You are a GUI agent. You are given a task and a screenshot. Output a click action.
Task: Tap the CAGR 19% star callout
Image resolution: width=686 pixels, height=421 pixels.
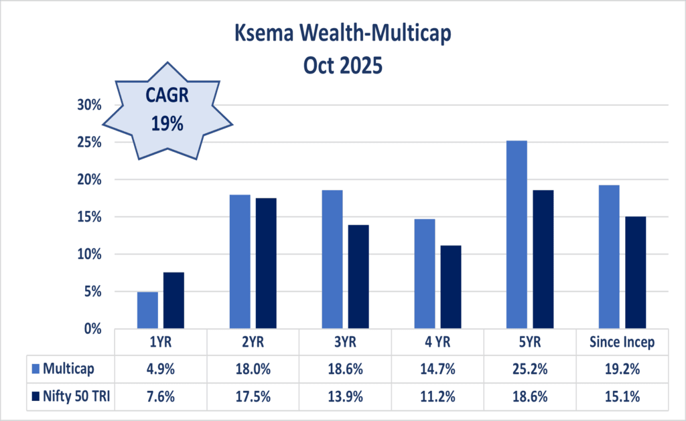[167, 110]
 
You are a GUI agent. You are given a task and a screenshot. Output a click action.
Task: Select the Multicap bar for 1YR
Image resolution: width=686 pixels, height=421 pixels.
[147, 310]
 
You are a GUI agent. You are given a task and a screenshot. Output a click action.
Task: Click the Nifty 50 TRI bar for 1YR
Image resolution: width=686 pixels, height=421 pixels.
[174, 301]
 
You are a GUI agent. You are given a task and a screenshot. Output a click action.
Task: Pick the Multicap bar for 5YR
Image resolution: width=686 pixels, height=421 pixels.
[517, 234]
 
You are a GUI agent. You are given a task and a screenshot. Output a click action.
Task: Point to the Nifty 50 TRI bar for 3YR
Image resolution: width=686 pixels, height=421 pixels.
[358, 276]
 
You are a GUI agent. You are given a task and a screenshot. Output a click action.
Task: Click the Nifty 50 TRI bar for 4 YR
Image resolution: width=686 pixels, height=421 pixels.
[451, 286]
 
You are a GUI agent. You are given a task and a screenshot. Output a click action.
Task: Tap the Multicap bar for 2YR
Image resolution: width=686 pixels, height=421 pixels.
[240, 262]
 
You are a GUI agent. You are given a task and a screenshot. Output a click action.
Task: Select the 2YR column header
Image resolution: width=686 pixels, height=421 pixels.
[253, 342]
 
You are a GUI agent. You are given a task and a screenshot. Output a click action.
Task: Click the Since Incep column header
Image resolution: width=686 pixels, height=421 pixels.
[621, 342]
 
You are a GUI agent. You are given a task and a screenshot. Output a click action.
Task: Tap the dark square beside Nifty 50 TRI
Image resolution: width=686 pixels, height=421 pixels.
[36, 396]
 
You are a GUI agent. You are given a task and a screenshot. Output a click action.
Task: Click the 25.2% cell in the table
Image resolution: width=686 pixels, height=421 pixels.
[529, 367]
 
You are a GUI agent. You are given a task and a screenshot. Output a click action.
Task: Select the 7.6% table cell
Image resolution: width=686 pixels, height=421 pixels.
[161, 396]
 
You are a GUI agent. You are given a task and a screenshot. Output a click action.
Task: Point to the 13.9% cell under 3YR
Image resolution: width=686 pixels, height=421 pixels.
[345, 396]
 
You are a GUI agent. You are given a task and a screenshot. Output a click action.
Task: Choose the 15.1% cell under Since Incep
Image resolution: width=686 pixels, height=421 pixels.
[621, 396]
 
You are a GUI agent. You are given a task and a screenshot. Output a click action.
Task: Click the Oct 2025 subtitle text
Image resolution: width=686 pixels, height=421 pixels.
[343, 67]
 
